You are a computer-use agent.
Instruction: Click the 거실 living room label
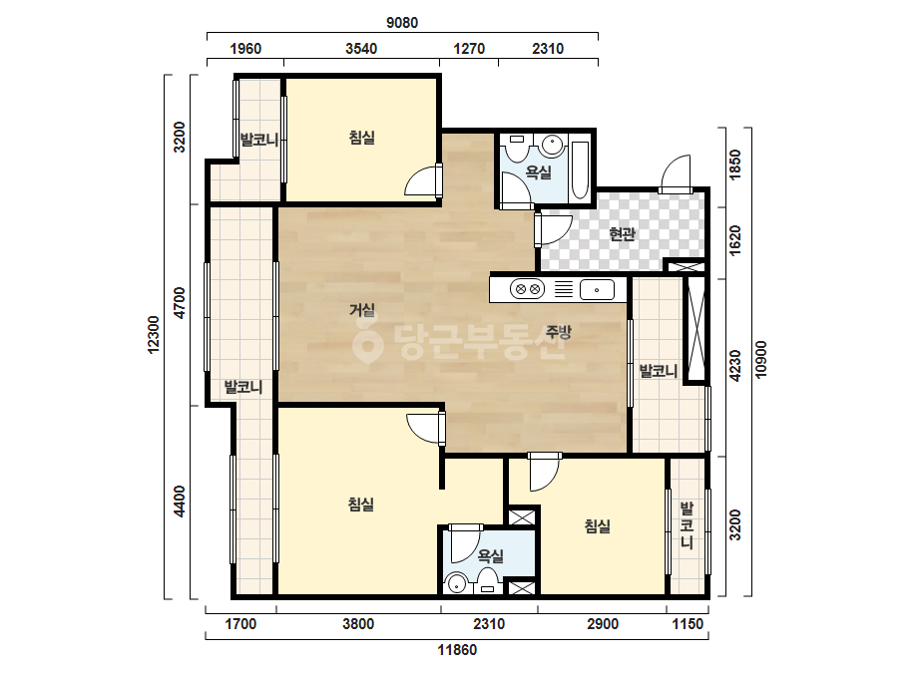[362, 309]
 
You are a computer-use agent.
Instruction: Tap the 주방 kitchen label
[558, 332]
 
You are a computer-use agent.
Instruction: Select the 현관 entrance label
[622, 233]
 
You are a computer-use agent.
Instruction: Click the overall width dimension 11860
[457, 650]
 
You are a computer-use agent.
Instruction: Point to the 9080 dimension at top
[402, 23]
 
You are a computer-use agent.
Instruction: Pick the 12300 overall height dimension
[154, 335]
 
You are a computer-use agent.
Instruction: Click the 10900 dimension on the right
[761, 359]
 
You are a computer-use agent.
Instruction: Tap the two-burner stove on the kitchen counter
[527, 289]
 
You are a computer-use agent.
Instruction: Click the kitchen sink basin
[597, 290]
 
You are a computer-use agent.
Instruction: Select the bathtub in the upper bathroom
[581, 170]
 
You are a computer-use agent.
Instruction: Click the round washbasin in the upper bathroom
[552, 145]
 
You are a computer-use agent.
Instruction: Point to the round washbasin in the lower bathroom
[456, 584]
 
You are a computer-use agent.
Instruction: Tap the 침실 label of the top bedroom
[362, 138]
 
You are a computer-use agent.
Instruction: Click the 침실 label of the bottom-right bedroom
[597, 526]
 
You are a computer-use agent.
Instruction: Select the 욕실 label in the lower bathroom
[491, 555]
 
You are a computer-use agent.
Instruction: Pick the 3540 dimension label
[360, 49]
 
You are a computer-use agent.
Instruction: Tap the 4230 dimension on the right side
[734, 366]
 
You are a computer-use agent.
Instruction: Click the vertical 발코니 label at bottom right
[688, 524]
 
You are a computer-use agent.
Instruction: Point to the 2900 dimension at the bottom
[602, 624]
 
